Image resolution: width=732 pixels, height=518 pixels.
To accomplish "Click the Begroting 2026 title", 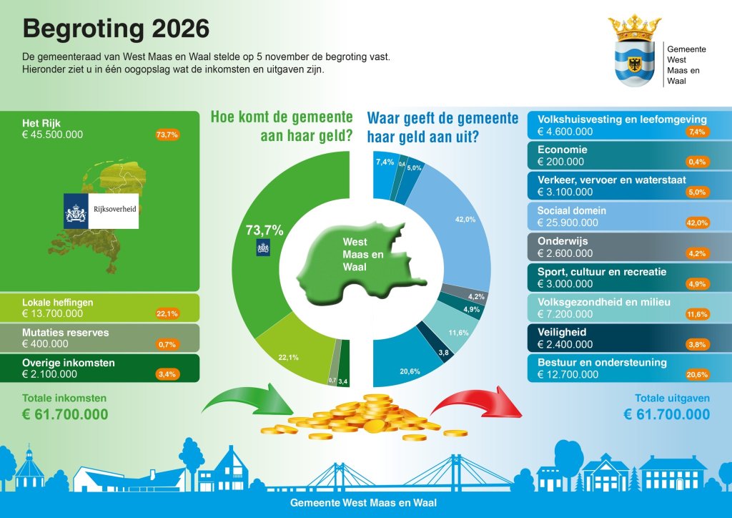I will pos(116,29).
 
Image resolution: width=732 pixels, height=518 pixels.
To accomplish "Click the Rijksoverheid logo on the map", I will pos(101,210).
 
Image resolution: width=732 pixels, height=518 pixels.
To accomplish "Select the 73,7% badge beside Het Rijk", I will pos(167,135).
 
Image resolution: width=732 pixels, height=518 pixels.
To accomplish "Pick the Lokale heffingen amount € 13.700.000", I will pos(53,313).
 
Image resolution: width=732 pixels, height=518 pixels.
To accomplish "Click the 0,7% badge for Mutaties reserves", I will pos(167,344).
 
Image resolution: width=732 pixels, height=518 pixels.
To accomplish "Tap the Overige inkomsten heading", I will pos(69,363).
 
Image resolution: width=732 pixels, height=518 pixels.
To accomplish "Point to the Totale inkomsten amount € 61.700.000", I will pos(65,414).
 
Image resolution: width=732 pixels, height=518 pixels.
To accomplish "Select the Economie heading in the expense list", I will pos(563,150).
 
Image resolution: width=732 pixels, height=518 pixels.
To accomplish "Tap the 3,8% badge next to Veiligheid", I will pos(697,344).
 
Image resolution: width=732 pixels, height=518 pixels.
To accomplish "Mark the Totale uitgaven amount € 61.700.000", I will pos(666,414).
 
